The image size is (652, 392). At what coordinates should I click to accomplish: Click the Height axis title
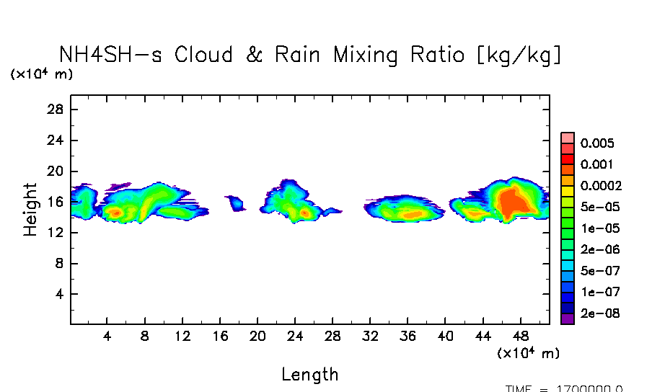click(x=30, y=210)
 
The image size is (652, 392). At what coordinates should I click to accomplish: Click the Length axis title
click(x=309, y=375)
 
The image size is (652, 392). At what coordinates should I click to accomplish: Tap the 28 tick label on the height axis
click(x=57, y=110)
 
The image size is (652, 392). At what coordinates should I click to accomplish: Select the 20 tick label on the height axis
click(x=57, y=171)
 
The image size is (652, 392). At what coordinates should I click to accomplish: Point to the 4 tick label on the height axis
click(x=61, y=295)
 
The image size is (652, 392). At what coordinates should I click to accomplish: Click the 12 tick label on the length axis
click(x=182, y=336)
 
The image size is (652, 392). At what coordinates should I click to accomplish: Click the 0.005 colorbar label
click(x=596, y=143)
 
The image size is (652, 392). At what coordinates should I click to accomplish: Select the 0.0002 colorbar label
click(x=601, y=185)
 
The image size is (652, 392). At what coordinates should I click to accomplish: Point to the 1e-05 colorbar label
click(x=598, y=228)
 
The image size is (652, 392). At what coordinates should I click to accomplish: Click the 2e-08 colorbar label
click(x=598, y=314)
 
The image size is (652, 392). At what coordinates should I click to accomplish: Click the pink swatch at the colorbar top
click(x=568, y=138)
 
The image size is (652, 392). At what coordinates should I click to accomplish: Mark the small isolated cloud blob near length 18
click(x=236, y=202)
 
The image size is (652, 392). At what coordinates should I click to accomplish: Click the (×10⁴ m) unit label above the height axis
click(x=41, y=73)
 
